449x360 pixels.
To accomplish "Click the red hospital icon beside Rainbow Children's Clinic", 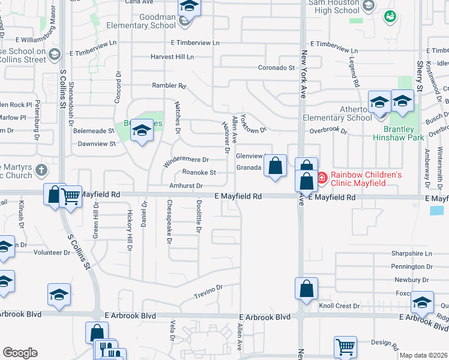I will tap(322, 177).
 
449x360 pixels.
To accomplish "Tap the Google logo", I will tap(20, 353).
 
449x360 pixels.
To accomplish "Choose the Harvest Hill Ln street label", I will tap(173, 57).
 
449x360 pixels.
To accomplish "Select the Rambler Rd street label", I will tap(169, 86).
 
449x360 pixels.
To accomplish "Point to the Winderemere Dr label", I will tap(186, 160).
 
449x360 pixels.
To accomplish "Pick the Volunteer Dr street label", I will tap(52, 253).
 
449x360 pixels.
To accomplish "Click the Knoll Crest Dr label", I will tap(339, 306).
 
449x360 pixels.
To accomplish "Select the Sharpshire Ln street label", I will tap(412, 253).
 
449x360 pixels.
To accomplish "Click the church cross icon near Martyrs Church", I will tap(40, 170).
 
